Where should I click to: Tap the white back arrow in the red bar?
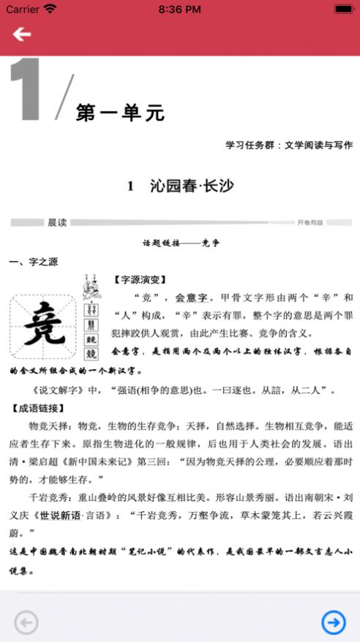[x=21, y=34]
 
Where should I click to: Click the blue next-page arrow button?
[x=334, y=622]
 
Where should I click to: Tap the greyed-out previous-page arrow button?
[x=26, y=622]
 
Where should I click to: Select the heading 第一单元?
[x=121, y=113]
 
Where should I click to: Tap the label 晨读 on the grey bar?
[x=57, y=222]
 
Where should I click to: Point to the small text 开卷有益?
[x=310, y=222]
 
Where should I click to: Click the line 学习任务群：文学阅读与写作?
[x=289, y=145]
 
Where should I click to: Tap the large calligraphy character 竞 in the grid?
[x=42, y=327]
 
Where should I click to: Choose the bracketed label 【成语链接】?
[x=38, y=408]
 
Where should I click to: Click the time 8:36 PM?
[x=180, y=10]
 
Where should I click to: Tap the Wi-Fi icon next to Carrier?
[x=50, y=10]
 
